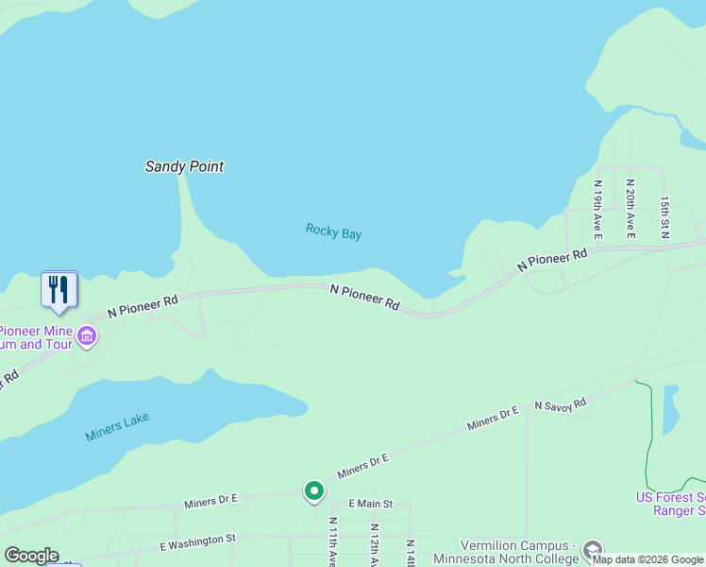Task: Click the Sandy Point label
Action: [184, 166]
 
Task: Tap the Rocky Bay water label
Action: [333, 232]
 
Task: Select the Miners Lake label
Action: [117, 427]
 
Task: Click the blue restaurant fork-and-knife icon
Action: [59, 288]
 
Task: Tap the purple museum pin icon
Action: [87, 335]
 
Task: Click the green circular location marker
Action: [313, 491]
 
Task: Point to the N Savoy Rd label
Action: [560, 404]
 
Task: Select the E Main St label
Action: [370, 505]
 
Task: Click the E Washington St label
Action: [198, 541]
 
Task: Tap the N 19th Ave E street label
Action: [597, 208]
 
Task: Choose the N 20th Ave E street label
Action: [630, 208]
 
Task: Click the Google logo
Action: [31, 556]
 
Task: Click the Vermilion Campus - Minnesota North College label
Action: [519, 553]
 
